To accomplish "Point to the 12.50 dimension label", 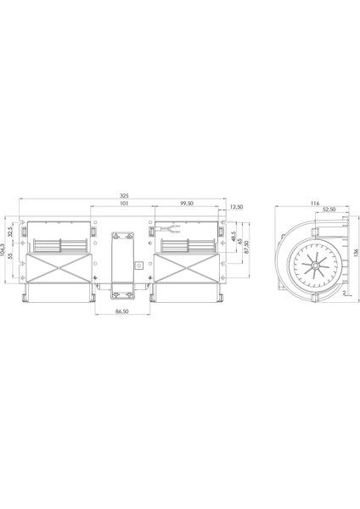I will tap(236, 206).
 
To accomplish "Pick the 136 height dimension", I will tap(357, 255).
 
